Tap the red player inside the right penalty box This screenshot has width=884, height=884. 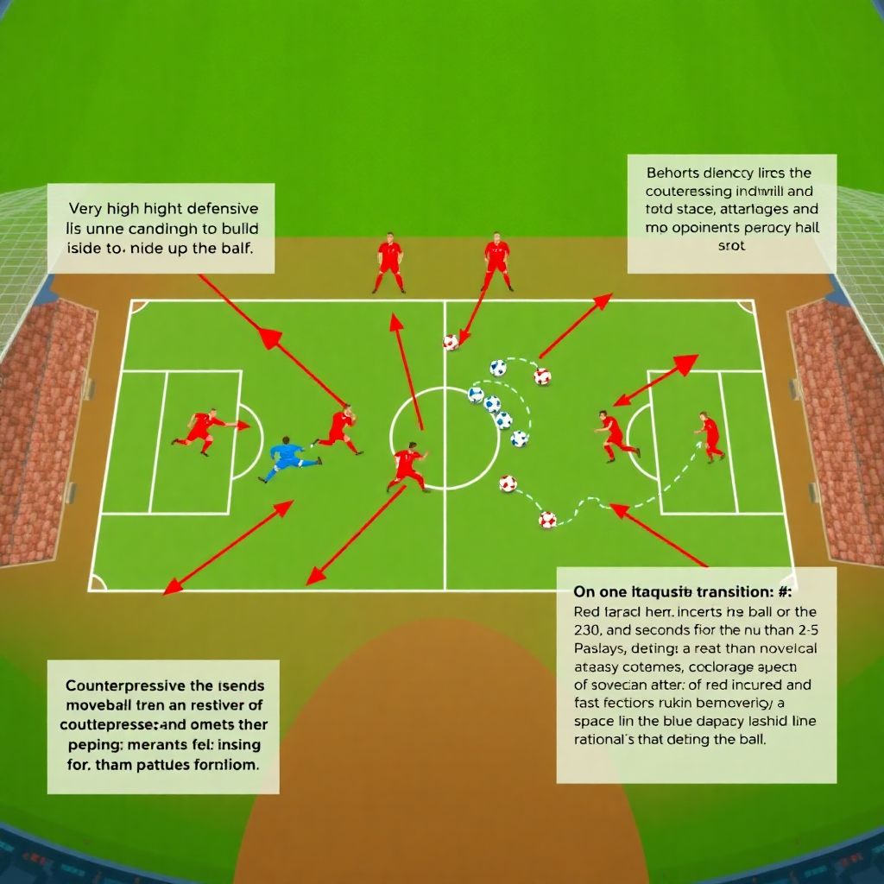pyautogui.click(x=710, y=435)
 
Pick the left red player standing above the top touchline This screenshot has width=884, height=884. pyautogui.click(x=389, y=262)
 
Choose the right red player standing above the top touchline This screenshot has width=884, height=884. pyautogui.click(x=496, y=260)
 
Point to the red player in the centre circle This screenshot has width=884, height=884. pyautogui.click(x=408, y=467)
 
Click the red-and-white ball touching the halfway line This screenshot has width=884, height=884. pyautogui.click(x=451, y=342)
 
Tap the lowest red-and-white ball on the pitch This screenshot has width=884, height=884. pyautogui.click(x=547, y=519)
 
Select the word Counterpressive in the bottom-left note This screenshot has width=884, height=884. pyautogui.click(x=123, y=684)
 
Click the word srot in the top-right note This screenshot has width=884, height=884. pyautogui.click(x=731, y=245)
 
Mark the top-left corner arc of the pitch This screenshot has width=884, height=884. pyautogui.click(x=137, y=306)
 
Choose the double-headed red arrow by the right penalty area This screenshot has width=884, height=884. pyautogui.click(x=655, y=380)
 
